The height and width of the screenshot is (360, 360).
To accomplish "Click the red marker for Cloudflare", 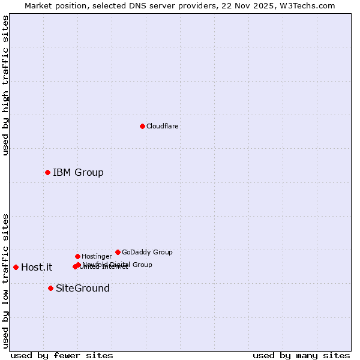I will pyautogui.click(x=142, y=126).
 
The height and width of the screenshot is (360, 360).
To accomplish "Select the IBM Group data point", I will pyautogui.click(x=47, y=172).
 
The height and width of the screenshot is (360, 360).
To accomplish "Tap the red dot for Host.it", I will pyautogui.click(x=16, y=267).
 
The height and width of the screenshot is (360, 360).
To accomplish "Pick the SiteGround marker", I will pyautogui.click(x=50, y=288).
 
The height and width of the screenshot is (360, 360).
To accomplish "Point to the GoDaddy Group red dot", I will pyautogui.click(x=118, y=252).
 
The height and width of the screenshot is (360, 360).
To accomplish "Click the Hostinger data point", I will pyautogui.click(x=77, y=256).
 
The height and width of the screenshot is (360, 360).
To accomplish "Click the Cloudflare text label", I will pyautogui.click(x=162, y=126).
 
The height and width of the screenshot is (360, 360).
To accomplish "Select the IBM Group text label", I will pyautogui.click(x=78, y=173).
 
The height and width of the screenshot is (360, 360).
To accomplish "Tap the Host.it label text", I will pyautogui.click(x=37, y=268).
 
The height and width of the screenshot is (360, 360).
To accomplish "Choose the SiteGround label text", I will pyautogui.click(x=83, y=289).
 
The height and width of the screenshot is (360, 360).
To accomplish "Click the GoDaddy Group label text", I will pyautogui.click(x=147, y=252).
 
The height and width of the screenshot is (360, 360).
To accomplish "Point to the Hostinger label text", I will pyautogui.click(x=97, y=256).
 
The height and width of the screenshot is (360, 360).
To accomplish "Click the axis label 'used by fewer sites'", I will pyautogui.click(x=62, y=355).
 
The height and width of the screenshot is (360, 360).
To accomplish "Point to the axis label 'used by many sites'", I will pyautogui.click(x=301, y=355).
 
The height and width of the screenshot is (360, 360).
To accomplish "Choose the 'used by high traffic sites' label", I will pyautogui.click(x=5, y=85).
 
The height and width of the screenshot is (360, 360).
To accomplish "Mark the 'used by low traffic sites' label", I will pyautogui.click(x=5, y=281).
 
